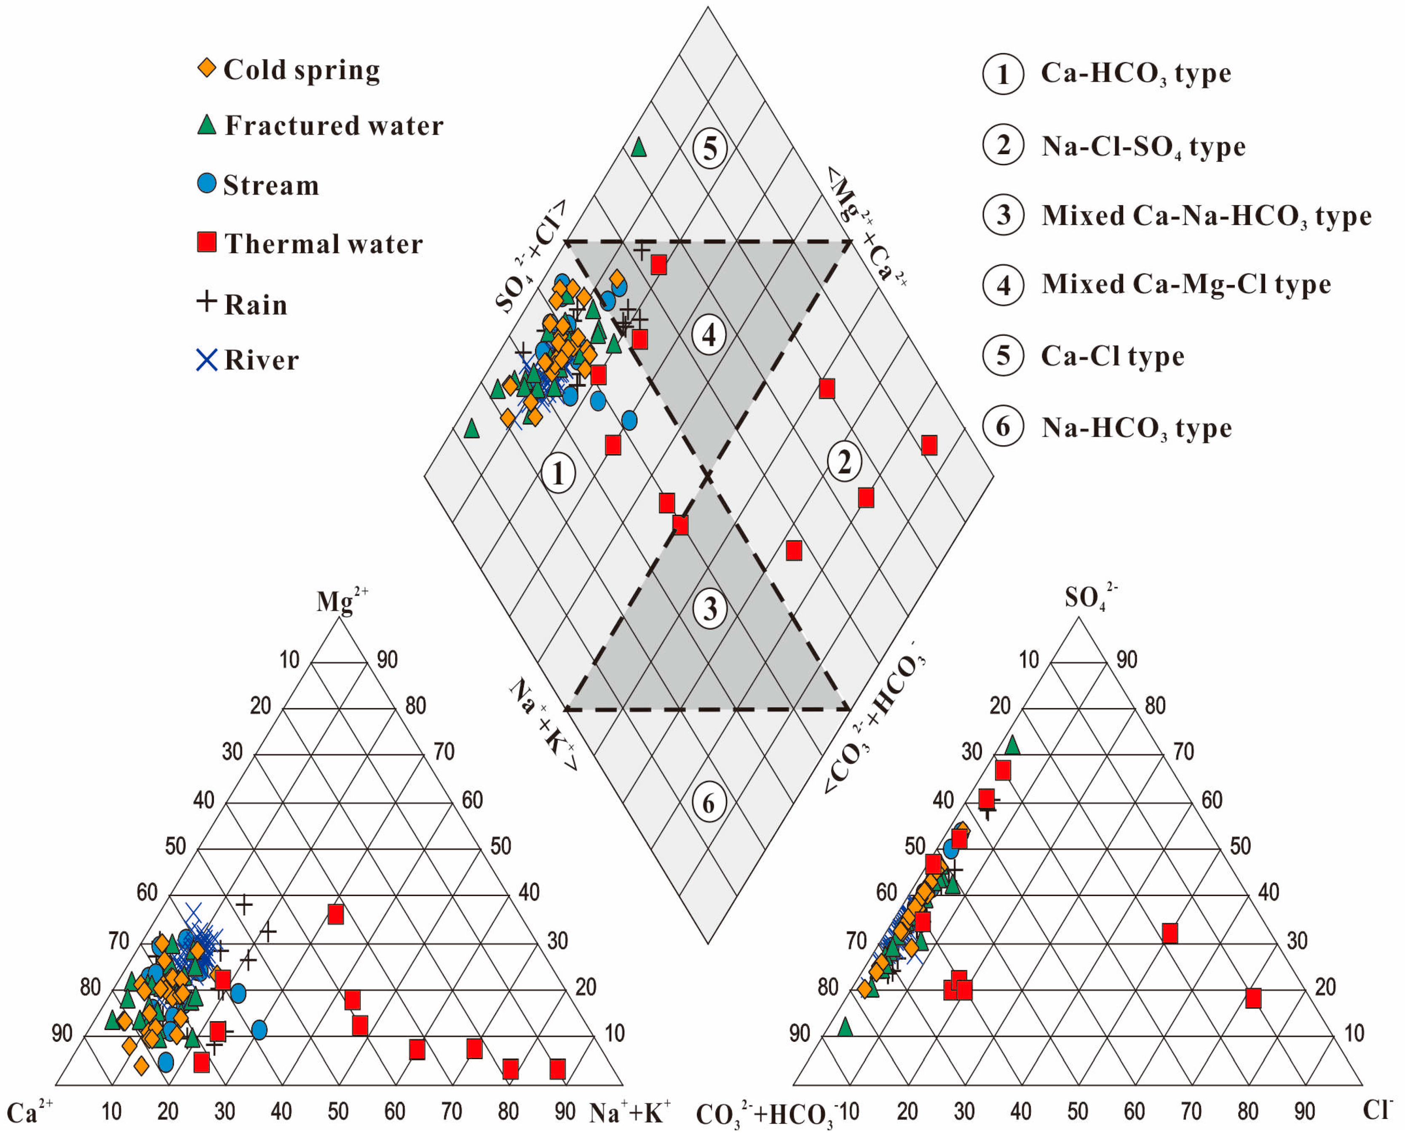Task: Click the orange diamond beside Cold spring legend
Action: [207, 68]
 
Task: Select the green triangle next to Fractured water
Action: [207, 125]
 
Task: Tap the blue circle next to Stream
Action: [207, 183]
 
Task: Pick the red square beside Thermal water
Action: [207, 242]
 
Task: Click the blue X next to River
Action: [207, 360]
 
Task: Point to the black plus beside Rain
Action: [207, 301]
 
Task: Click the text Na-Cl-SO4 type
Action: [1143, 147]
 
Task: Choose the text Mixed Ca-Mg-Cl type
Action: [1186, 284]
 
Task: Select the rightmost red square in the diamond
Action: [929, 445]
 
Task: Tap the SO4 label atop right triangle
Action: [1089, 596]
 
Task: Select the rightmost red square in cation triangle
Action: [557, 1069]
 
